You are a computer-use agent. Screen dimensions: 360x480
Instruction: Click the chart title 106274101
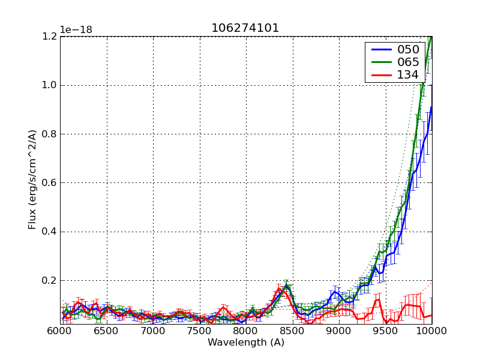tap(245, 28)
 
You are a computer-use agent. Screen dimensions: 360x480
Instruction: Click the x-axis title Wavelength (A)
tap(245, 343)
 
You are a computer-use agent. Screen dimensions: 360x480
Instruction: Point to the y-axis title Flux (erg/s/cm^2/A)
tap(32, 180)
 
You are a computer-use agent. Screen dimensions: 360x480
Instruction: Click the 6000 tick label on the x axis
tap(60, 331)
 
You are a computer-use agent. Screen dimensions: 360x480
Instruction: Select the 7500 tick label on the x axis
tap(199, 331)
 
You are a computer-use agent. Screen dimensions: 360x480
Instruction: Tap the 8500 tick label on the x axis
tap(292, 331)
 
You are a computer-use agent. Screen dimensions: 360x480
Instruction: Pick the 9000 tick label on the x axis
tap(338, 331)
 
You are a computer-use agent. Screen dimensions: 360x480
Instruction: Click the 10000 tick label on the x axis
tap(431, 331)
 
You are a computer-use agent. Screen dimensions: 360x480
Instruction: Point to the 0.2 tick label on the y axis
tap(49, 280)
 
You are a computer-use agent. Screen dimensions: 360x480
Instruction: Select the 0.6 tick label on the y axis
tap(49, 182)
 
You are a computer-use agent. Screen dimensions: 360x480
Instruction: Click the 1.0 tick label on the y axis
tap(49, 85)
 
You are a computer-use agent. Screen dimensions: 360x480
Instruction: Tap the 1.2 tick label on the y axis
tap(49, 36)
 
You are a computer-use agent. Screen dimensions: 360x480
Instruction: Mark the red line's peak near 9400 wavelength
tap(378, 298)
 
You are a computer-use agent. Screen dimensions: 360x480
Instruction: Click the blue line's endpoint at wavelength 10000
tap(431, 107)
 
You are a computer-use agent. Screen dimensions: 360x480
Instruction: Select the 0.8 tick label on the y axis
tap(49, 134)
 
